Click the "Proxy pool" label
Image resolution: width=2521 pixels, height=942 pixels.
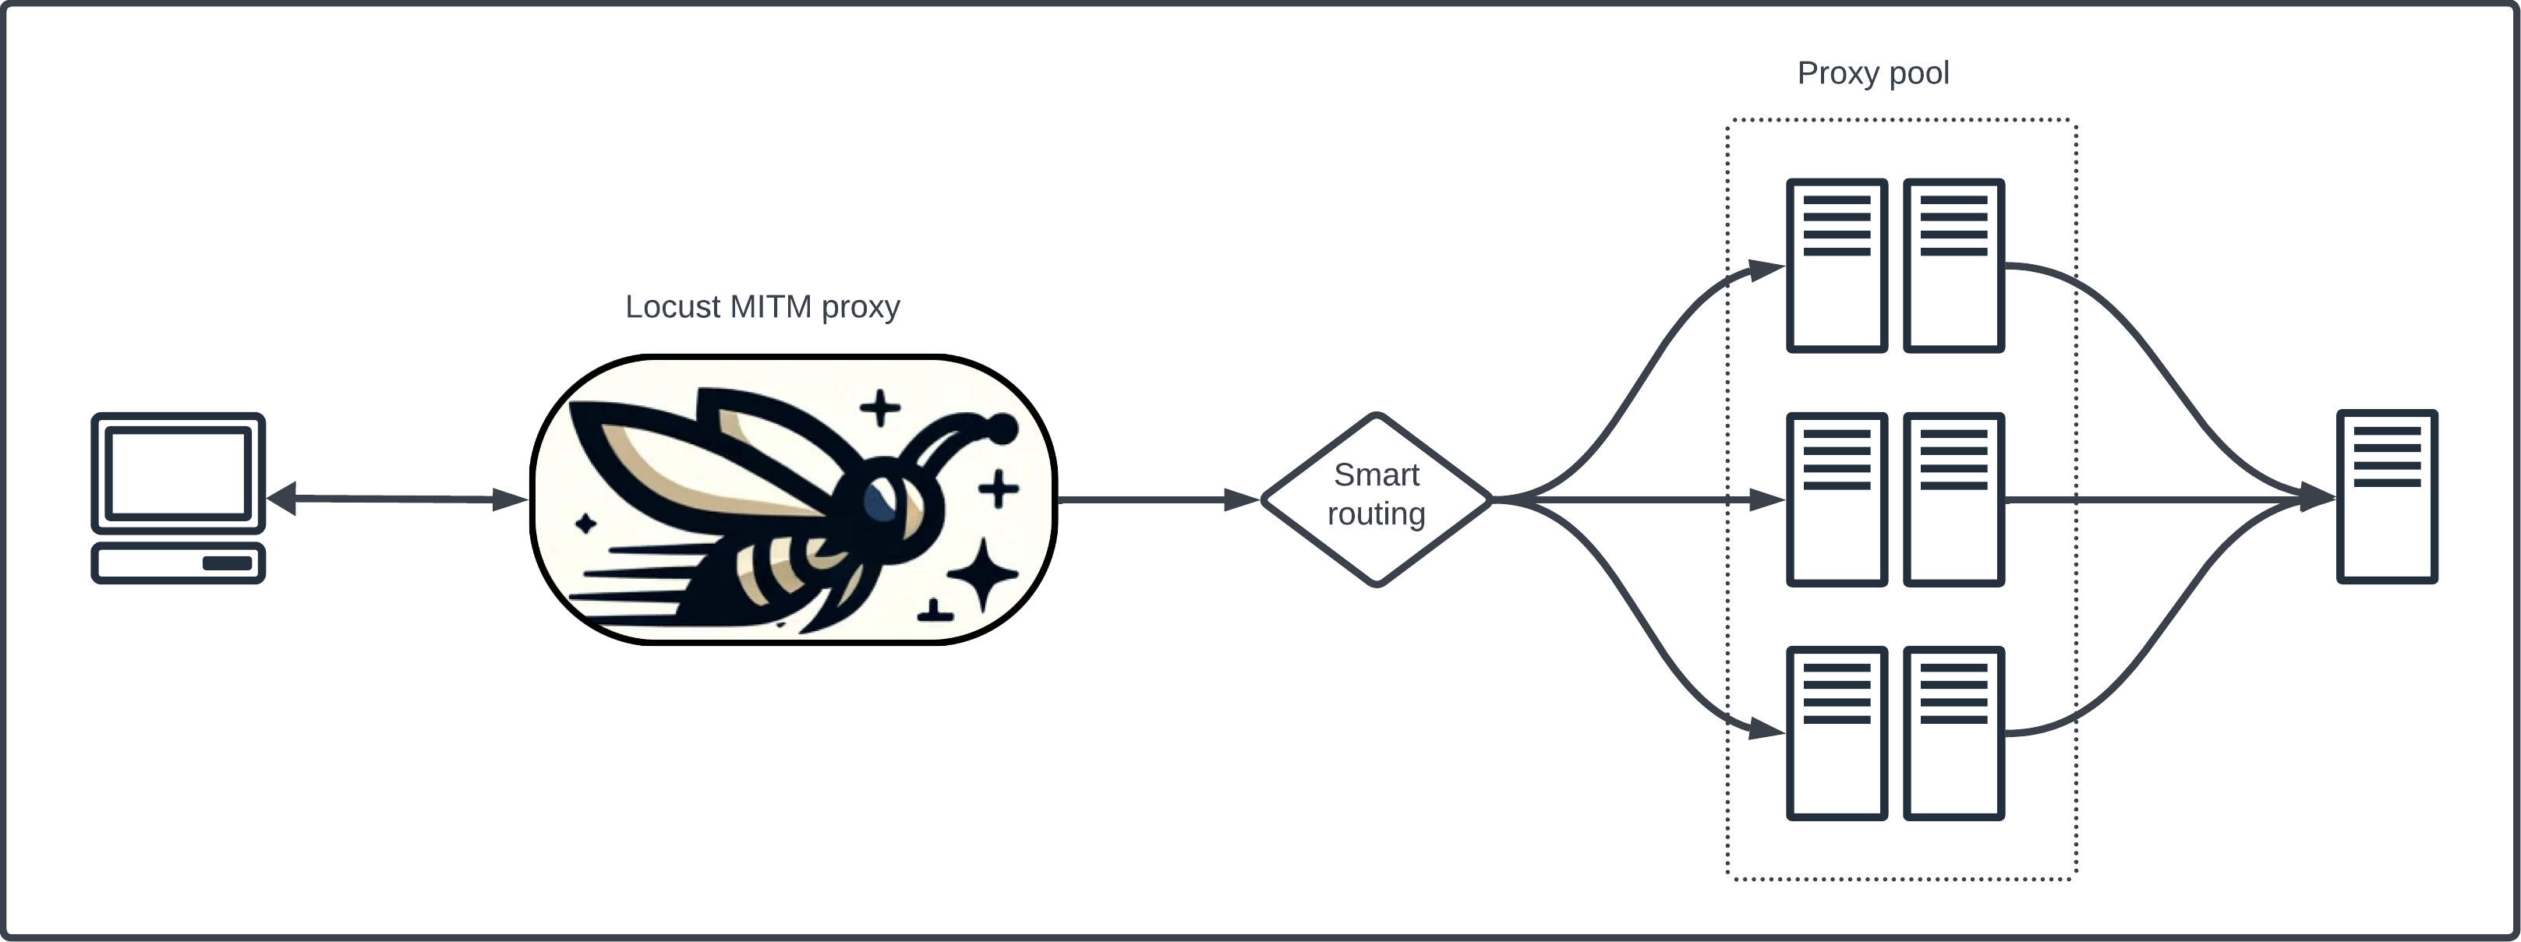pyautogui.click(x=1872, y=73)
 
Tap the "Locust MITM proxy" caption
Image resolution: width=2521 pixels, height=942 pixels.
pyautogui.click(x=762, y=307)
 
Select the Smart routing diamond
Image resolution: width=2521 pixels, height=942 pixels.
pyautogui.click(x=1376, y=499)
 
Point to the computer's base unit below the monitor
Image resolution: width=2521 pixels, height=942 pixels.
pyautogui.click(x=178, y=563)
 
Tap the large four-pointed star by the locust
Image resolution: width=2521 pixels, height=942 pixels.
pyautogui.click(x=982, y=574)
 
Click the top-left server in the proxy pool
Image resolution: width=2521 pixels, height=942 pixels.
pyautogui.click(x=1836, y=265)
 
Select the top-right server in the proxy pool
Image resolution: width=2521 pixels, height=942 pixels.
pyautogui.click(x=1954, y=265)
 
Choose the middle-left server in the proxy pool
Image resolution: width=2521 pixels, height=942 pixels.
pyautogui.click(x=1836, y=499)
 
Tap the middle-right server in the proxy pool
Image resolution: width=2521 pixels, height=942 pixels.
pyautogui.click(x=1954, y=499)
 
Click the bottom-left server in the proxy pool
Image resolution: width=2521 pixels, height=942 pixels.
pyautogui.click(x=1836, y=732)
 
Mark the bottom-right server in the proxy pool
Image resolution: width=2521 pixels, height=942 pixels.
pyautogui.click(x=1954, y=732)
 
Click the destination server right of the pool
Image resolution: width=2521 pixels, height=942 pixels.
pyautogui.click(x=2387, y=496)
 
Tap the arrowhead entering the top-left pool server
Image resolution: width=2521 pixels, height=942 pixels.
pyautogui.click(x=1766, y=269)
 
